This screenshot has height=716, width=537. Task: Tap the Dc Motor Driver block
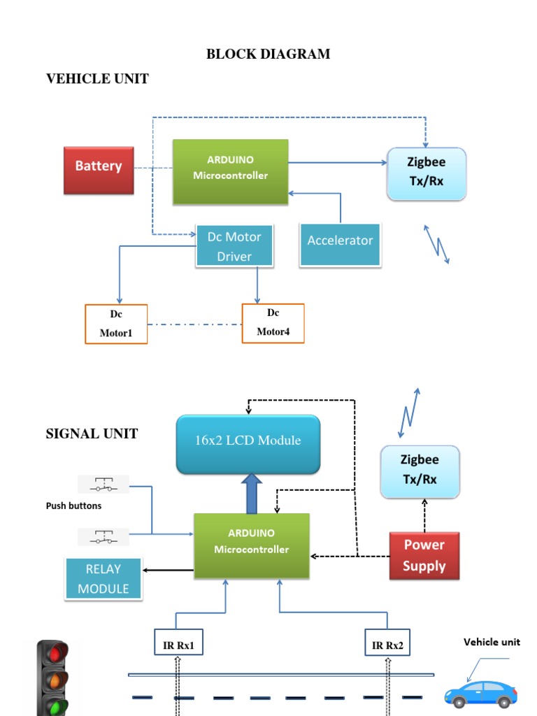click(x=234, y=246)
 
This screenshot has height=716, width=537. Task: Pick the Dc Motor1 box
click(x=116, y=324)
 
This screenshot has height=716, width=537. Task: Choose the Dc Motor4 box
click(x=273, y=323)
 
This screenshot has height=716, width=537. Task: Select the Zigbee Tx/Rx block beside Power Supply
click(x=420, y=471)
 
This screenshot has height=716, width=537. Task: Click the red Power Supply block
click(x=424, y=556)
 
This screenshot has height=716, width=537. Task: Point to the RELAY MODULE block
click(x=103, y=579)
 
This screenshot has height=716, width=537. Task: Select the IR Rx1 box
click(x=178, y=642)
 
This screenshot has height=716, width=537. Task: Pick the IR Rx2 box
click(x=387, y=642)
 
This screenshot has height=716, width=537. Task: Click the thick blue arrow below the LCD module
click(x=251, y=494)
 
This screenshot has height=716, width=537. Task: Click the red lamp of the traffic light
click(x=53, y=653)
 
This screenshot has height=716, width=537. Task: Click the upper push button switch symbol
click(x=103, y=484)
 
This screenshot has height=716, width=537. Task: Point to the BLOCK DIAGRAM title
click(x=268, y=54)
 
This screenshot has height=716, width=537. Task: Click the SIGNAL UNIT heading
click(x=92, y=434)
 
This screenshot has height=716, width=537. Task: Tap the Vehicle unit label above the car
click(x=492, y=642)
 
